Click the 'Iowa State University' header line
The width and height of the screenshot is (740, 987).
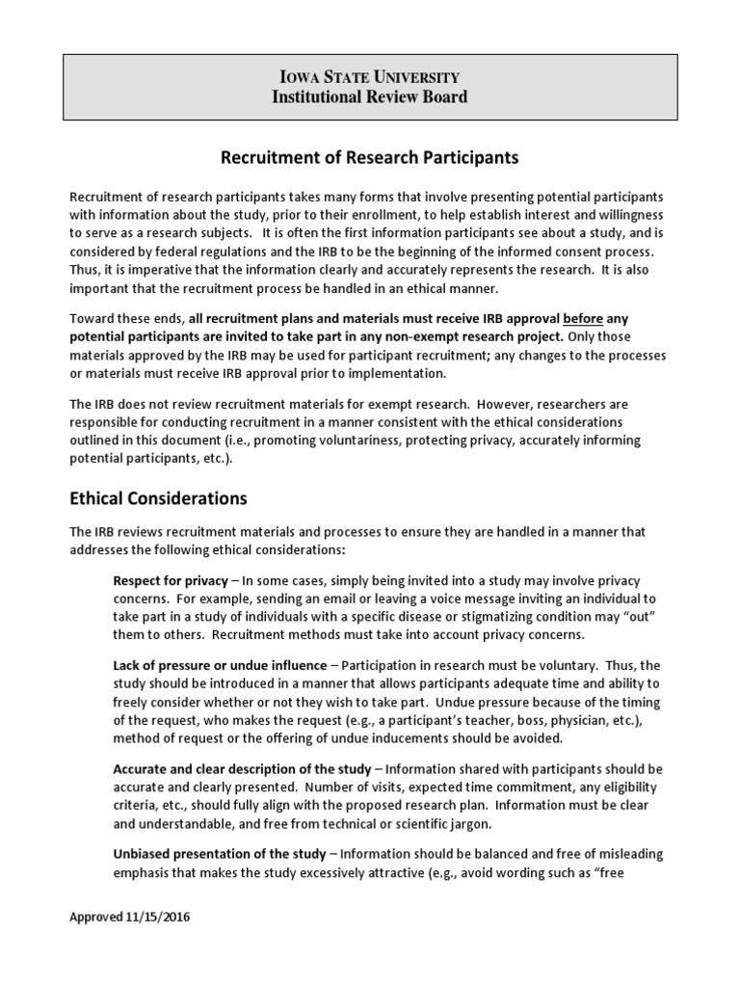(x=369, y=76)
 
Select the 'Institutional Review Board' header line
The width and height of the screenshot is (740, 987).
(x=369, y=96)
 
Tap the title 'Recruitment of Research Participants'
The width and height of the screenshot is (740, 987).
(x=370, y=156)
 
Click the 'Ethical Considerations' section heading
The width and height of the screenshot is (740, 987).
(x=158, y=498)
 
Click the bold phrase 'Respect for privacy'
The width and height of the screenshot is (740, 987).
(x=171, y=582)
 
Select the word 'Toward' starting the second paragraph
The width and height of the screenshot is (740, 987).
(x=92, y=318)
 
